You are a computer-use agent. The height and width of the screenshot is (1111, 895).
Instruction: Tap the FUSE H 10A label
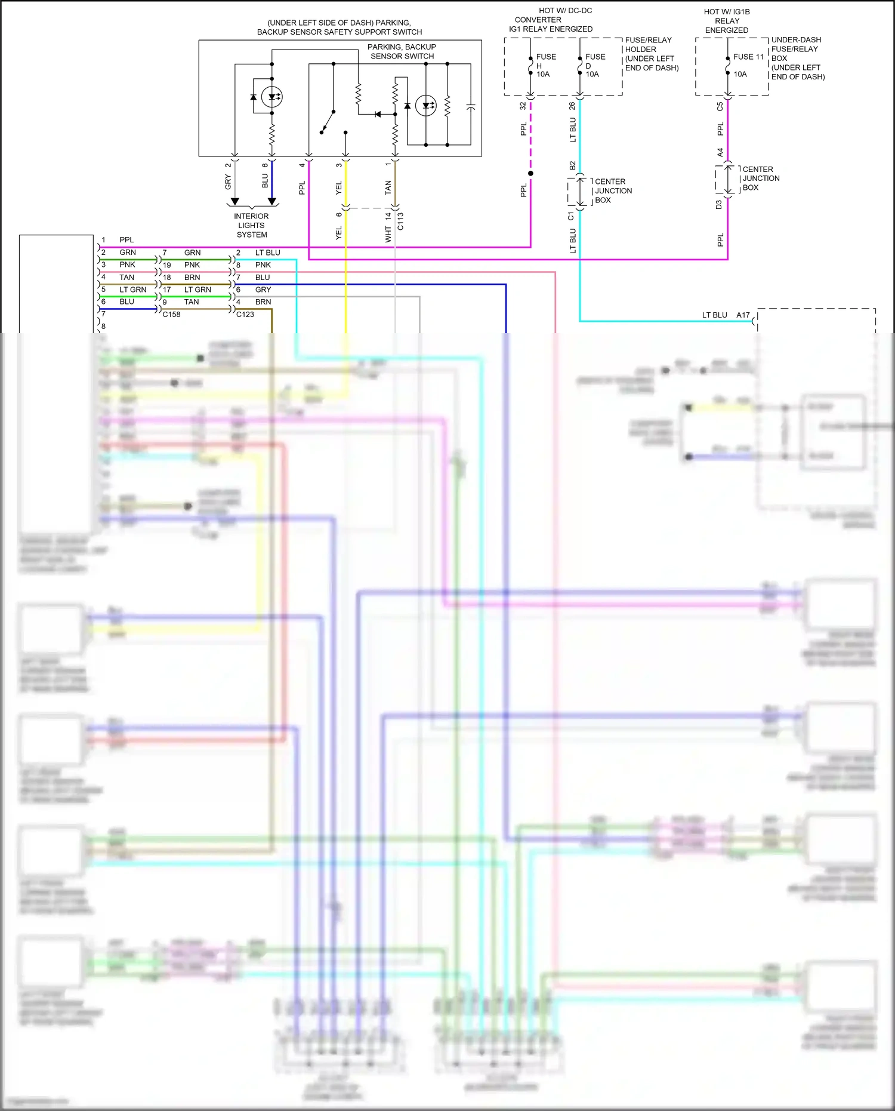[545, 65]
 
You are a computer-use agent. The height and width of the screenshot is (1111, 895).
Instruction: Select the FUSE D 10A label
[594, 65]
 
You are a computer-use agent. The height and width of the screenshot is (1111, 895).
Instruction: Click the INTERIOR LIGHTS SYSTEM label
[251, 225]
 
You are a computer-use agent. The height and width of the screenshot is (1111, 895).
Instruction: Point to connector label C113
[400, 221]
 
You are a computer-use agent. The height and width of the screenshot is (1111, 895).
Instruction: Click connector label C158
[171, 314]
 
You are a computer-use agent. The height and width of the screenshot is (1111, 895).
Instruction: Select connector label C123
[245, 314]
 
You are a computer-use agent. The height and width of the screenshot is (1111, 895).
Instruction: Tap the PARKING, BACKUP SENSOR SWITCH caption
[402, 51]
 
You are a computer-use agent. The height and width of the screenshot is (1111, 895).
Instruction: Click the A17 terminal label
[743, 315]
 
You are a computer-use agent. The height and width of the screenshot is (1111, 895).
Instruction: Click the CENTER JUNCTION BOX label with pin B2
[613, 190]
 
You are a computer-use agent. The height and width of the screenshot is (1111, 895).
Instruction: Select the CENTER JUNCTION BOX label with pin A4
[760, 178]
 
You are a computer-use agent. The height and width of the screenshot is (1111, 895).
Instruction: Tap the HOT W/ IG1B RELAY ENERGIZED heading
[726, 20]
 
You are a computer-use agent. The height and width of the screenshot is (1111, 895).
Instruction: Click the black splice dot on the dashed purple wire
[530, 173]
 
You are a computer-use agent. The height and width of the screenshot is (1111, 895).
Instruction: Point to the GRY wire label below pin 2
[228, 182]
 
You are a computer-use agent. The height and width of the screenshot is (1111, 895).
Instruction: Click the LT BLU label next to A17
[714, 315]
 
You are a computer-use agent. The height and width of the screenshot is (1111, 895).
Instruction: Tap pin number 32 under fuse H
[523, 106]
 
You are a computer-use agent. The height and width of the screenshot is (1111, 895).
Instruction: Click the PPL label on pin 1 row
[126, 239]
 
